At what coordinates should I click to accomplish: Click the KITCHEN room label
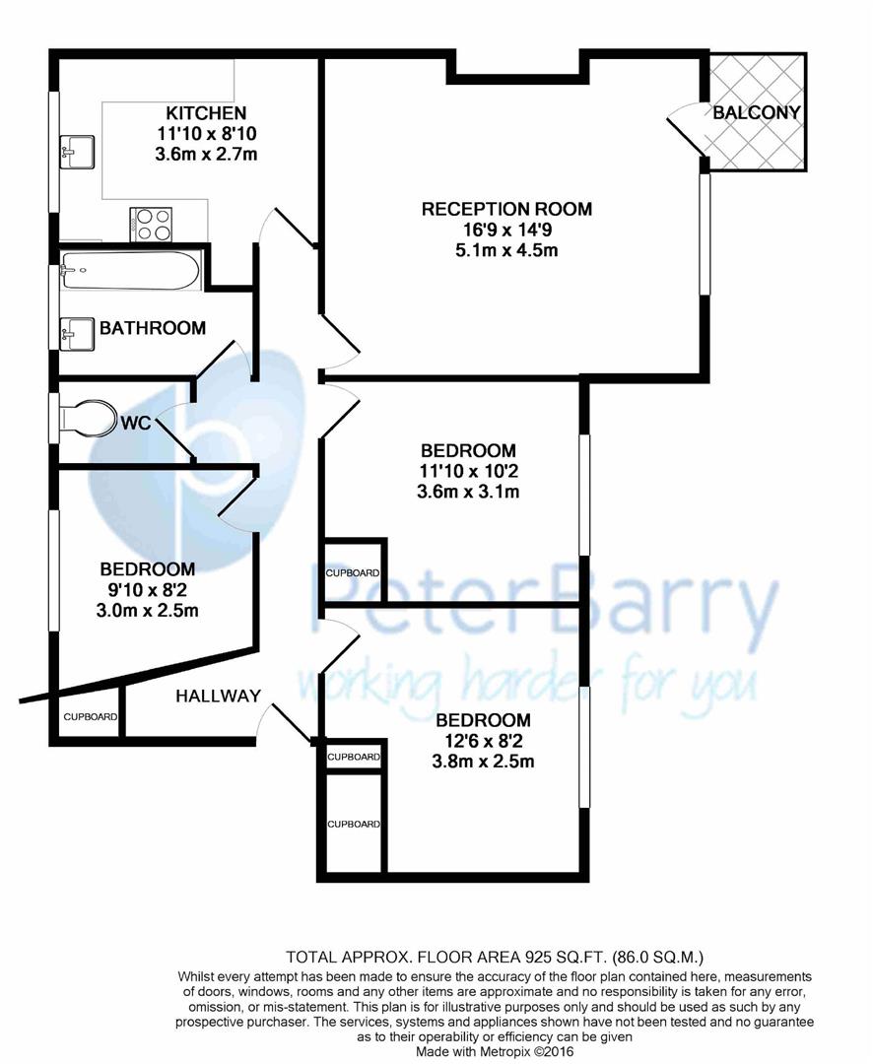click(206, 112)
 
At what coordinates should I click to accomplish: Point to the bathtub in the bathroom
click(130, 270)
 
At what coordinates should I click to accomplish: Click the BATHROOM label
click(152, 328)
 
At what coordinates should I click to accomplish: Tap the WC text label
click(135, 424)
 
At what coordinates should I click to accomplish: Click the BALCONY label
click(757, 112)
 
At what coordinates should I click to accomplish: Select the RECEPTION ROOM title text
click(506, 209)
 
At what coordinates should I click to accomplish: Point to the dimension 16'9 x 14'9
click(506, 230)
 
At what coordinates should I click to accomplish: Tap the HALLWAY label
click(218, 696)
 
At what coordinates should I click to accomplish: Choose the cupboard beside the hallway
click(91, 718)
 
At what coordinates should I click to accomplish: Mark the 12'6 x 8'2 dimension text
click(486, 741)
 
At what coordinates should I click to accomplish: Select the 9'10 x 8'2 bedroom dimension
click(147, 590)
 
